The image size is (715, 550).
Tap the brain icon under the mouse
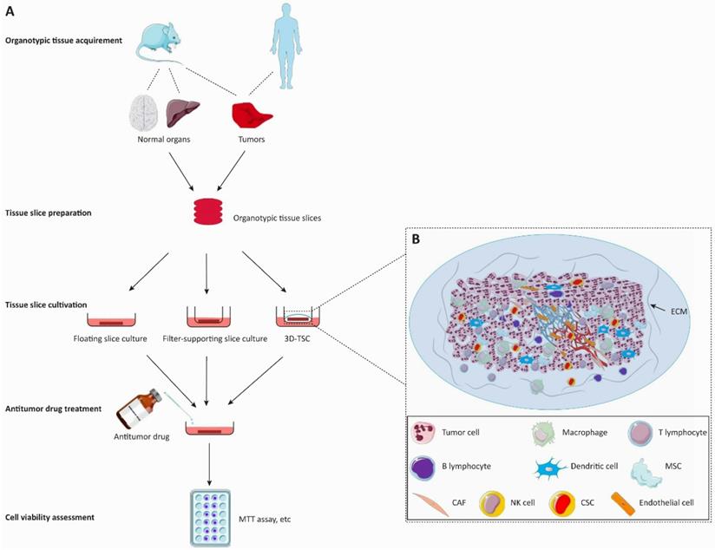146,115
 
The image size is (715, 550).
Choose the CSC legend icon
564,501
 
